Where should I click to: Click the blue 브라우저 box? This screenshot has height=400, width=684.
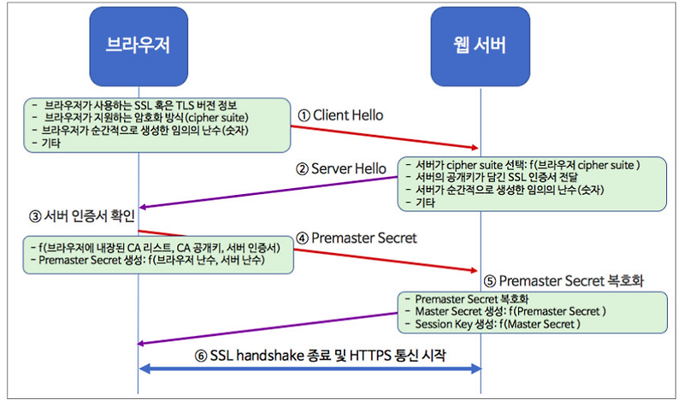pyautogui.click(x=138, y=45)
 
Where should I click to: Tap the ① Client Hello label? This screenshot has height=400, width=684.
pyautogui.click(x=341, y=115)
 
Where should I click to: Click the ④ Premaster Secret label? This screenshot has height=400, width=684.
pyautogui.click(x=357, y=238)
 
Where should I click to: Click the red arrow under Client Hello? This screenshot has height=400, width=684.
pyautogui.click(x=385, y=137)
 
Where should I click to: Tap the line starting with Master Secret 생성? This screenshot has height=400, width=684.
pyautogui.click(x=510, y=312)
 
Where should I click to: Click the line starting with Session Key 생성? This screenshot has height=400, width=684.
pyautogui.click(x=497, y=325)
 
